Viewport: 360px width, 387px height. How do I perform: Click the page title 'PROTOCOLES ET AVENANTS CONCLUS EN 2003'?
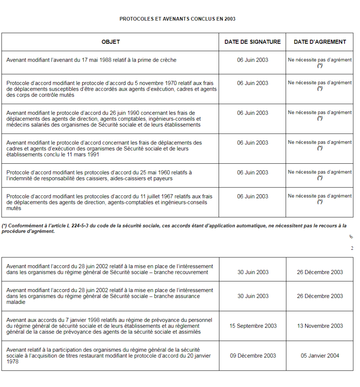pos(177,19)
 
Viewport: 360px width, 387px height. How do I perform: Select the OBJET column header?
pos(110,42)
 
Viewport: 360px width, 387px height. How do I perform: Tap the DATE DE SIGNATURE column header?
pos(252,42)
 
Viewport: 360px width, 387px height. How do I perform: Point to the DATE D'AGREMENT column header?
pos(320,42)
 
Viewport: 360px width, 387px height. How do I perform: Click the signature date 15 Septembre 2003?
pos(253,326)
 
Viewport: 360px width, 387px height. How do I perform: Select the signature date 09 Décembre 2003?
pos(253,356)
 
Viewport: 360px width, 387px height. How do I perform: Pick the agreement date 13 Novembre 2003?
pos(320,326)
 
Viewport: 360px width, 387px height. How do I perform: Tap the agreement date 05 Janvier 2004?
pos(320,356)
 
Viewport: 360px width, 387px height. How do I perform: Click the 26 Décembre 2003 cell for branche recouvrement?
pos(320,272)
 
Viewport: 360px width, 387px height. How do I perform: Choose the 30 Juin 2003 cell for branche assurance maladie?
pos(253,296)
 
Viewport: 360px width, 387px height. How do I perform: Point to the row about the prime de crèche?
pos(91,60)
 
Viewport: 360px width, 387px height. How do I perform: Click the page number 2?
pos(352,248)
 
